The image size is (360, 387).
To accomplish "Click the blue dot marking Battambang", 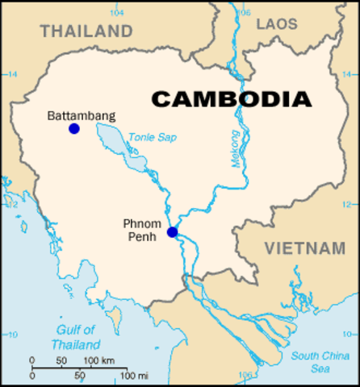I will click(74, 128).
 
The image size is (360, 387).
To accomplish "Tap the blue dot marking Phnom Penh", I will click(172, 232).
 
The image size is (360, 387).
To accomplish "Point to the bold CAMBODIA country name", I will click(232, 99).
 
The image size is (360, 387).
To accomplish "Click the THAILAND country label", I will click(86, 31).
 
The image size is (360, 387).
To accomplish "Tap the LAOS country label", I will click(277, 24).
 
